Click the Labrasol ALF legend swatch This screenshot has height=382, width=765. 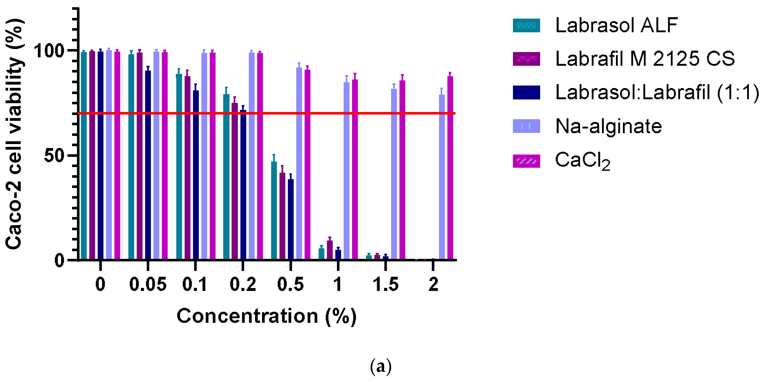(x=526, y=25)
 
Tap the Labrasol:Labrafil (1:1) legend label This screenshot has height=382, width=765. (x=657, y=92)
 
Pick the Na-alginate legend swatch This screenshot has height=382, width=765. (x=526, y=126)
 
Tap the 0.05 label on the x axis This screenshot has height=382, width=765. (x=148, y=284)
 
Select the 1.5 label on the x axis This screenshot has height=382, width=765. (x=386, y=284)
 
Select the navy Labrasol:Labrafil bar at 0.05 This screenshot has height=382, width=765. (x=148, y=165)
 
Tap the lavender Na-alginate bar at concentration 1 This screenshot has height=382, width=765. (x=346, y=171)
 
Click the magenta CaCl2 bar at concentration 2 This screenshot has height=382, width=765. (x=450, y=168)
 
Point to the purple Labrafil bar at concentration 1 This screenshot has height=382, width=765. (x=330, y=250)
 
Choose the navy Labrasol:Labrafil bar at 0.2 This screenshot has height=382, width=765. (x=243, y=185)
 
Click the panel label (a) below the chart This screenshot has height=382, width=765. (x=381, y=367)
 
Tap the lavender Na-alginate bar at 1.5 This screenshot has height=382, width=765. (x=394, y=174)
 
